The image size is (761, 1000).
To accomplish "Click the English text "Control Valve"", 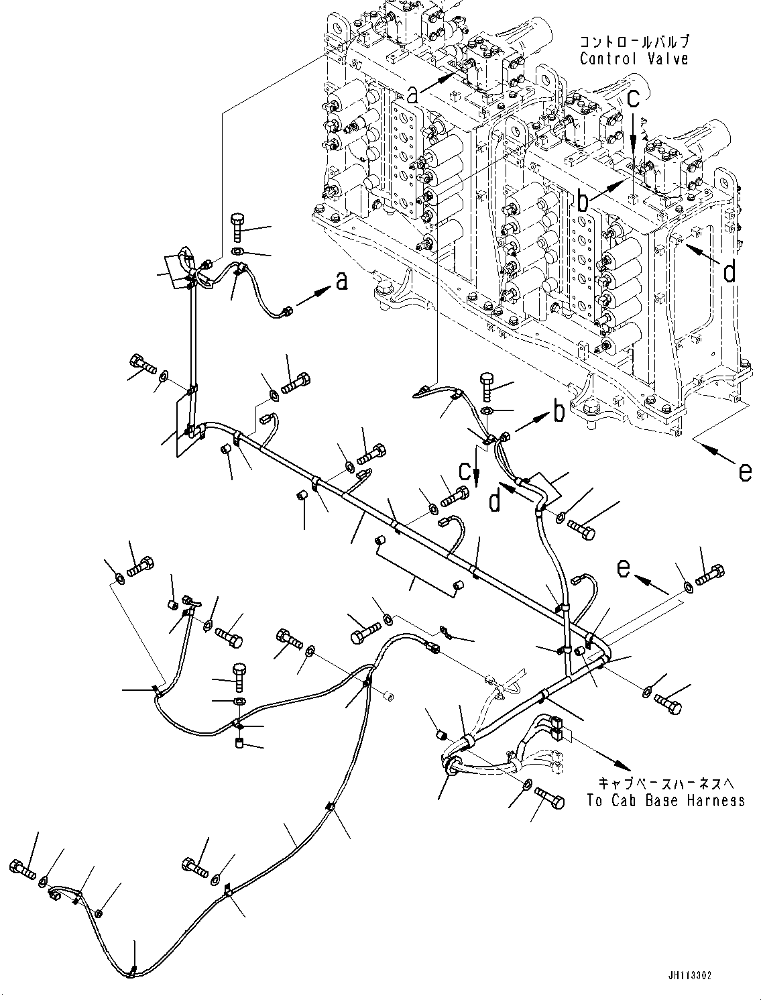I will click(634, 59).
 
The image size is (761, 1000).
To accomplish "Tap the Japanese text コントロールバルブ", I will click(634, 42).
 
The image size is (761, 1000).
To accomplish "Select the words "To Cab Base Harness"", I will click(665, 800).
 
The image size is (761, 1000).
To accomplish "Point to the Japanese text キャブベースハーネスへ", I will click(665, 783).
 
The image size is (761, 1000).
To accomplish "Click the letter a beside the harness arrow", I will click(342, 283).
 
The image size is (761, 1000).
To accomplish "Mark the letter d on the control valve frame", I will click(730, 272).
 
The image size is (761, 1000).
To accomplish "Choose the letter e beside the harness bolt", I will click(624, 569).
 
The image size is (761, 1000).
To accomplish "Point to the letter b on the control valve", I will click(583, 199).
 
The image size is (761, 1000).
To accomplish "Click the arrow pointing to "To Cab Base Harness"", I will click(599, 755).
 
